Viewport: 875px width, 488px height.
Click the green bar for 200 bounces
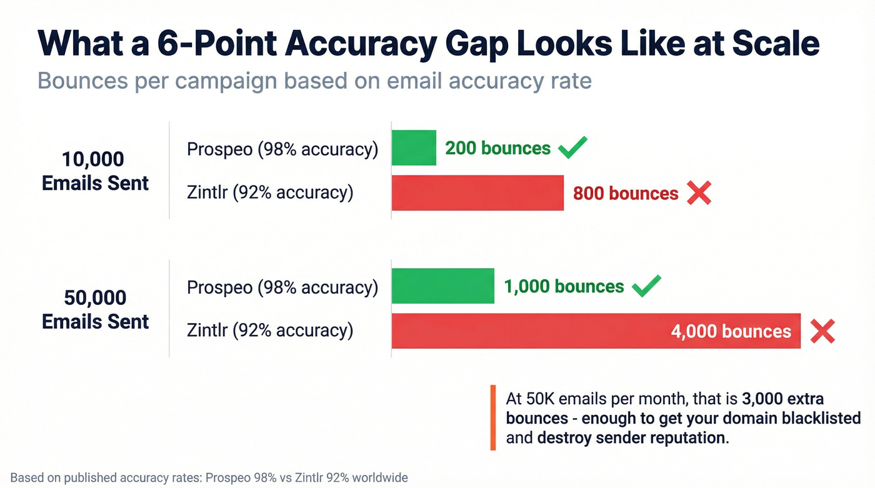414,148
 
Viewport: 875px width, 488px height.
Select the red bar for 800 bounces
477,193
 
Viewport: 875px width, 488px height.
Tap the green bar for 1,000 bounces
442,286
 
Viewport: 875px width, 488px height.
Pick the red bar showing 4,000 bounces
531,331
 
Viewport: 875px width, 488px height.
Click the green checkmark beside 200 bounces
572,147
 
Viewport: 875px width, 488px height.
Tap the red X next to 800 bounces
699,193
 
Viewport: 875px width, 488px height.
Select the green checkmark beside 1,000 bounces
646,286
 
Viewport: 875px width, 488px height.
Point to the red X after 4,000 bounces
822,331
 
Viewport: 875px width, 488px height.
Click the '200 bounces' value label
497,148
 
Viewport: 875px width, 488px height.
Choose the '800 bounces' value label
626,194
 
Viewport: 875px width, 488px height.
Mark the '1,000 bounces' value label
564,287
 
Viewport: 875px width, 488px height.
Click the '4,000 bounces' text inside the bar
731,331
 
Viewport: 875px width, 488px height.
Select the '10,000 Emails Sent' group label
96,171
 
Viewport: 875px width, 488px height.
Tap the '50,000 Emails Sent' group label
96,309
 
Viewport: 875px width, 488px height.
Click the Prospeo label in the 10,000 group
282,149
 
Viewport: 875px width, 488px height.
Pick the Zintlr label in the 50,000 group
270,331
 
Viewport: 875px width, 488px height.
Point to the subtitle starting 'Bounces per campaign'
314,81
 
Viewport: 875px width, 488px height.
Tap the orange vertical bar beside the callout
493,417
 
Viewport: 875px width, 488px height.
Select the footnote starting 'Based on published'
209,478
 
